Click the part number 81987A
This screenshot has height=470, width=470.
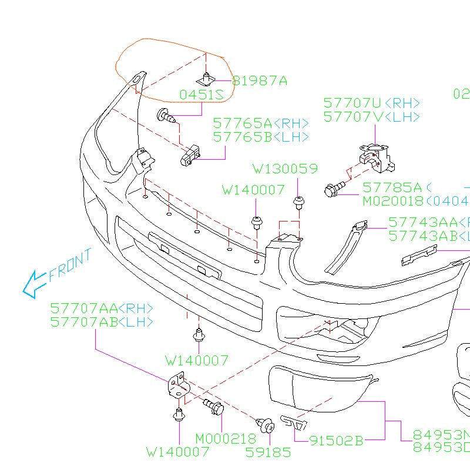pos(260,80)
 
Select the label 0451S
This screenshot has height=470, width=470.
pos(202,95)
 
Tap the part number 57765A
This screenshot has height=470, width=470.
pos(242,123)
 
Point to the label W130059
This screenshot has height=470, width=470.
pos(286,169)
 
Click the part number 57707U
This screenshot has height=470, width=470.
pos(352,103)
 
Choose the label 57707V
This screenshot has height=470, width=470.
pos(352,117)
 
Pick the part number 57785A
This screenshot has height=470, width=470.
pos(392,187)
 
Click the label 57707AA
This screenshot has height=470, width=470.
pos(84,308)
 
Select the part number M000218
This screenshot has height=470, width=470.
pos(226,439)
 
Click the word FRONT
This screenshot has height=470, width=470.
pos(70,264)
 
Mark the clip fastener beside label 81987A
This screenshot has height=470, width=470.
pos(206,79)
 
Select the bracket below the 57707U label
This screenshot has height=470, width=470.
pos(376,158)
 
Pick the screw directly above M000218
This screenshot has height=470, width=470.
pos(213,405)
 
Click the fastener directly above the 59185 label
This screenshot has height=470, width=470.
pos(264,424)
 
